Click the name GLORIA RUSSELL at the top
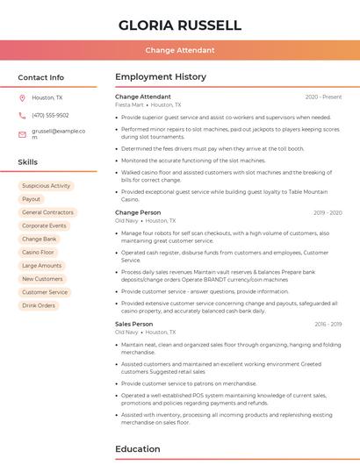click(179, 25)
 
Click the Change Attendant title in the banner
click(179, 51)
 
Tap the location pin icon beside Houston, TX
click(22, 97)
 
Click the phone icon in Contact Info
click(22, 115)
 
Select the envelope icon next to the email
click(22, 134)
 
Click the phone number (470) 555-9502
click(50, 115)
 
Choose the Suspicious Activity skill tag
click(46, 186)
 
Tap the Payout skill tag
click(31, 199)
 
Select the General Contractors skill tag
click(47, 212)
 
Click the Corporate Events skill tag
click(44, 225)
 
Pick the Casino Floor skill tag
click(38, 252)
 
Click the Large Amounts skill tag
click(41, 265)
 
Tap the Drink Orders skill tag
click(39, 305)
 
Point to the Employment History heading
click(161, 77)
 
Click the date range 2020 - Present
click(323, 97)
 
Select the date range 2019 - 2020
click(328, 212)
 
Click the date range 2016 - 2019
click(328, 324)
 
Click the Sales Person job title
click(133, 324)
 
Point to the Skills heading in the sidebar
click(28, 162)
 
